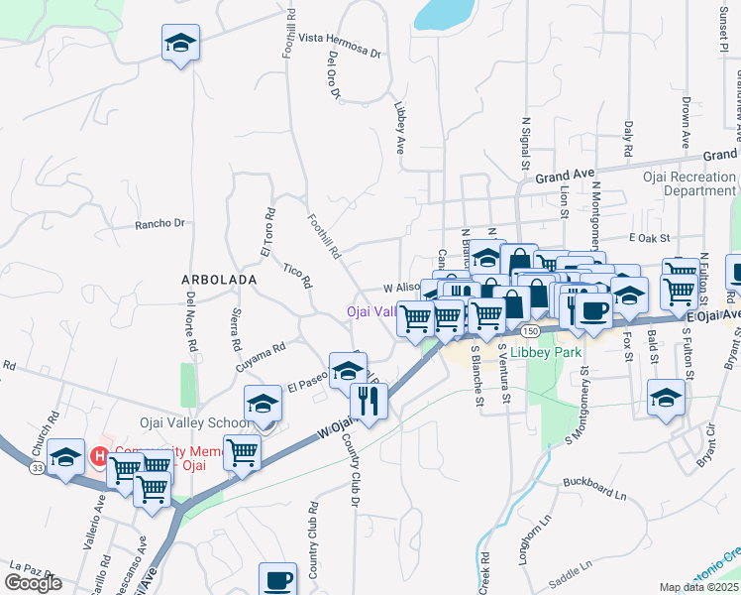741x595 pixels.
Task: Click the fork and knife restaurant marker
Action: click(x=368, y=402)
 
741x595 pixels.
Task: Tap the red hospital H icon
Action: click(x=99, y=457)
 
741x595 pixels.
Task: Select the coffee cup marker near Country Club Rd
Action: click(x=277, y=579)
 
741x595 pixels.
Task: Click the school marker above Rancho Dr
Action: click(x=180, y=44)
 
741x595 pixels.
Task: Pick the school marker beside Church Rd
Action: click(x=65, y=457)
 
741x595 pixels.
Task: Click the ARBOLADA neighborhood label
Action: click(x=218, y=281)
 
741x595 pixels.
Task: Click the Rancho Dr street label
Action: click(x=159, y=224)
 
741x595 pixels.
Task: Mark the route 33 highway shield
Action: click(x=36, y=467)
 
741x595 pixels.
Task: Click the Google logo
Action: click(x=33, y=582)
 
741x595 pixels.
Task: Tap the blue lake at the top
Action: click(x=443, y=13)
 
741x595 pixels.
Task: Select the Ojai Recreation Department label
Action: click(x=702, y=183)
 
